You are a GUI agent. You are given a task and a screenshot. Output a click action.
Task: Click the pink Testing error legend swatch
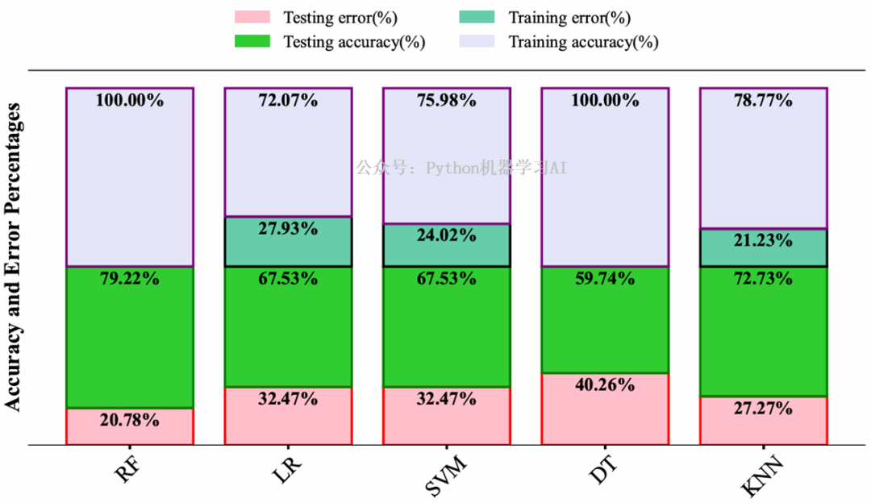[x=252, y=17]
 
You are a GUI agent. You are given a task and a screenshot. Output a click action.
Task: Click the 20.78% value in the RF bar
[x=129, y=420]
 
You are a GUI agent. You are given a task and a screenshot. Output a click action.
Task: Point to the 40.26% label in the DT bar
[x=604, y=385]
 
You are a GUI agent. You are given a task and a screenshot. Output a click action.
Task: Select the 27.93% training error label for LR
[x=287, y=228]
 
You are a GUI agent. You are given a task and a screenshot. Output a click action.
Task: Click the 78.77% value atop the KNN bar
[x=762, y=101]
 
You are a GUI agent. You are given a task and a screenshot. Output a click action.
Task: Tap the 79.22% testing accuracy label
[x=129, y=279]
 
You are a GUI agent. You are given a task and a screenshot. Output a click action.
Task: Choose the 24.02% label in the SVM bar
[x=445, y=235]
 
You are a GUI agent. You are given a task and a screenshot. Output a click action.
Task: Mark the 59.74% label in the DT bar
[x=604, y=279]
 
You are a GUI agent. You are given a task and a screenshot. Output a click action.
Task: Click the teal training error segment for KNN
[x=763, y=255]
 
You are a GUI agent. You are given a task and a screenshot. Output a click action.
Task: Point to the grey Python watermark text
[x=462, y=168]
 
